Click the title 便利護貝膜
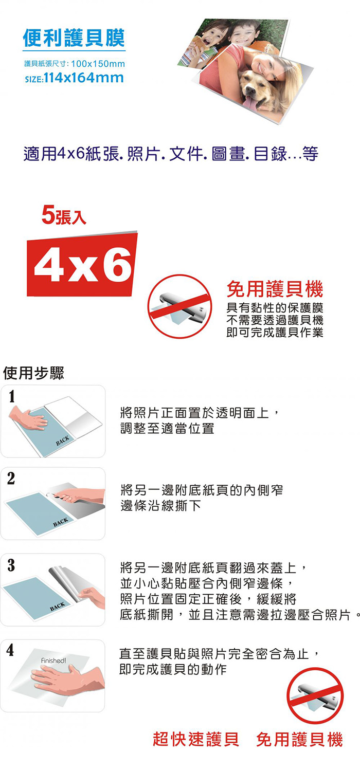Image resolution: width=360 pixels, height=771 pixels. (74, 38)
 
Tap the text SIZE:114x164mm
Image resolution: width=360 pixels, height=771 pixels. (75, 78)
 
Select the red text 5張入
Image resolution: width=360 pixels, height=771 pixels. (64, 215)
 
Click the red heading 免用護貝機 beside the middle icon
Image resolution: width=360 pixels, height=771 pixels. (275, 289)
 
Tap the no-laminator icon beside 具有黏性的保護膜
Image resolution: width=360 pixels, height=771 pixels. (179, 306)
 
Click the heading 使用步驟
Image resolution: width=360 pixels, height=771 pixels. (33, 373)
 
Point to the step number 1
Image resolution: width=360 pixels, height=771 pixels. (12, 396)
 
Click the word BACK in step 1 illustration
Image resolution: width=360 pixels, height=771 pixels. (62, 440)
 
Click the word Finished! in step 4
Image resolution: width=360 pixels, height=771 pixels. (53, 660)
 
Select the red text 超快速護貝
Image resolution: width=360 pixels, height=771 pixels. (196, 739)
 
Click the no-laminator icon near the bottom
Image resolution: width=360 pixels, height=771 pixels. (315, 695)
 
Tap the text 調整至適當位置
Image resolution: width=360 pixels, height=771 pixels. (168, 429)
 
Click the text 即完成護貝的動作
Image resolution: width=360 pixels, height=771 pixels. (173, 669)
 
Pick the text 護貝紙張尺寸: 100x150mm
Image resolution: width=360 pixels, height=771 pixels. (75, 64)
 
